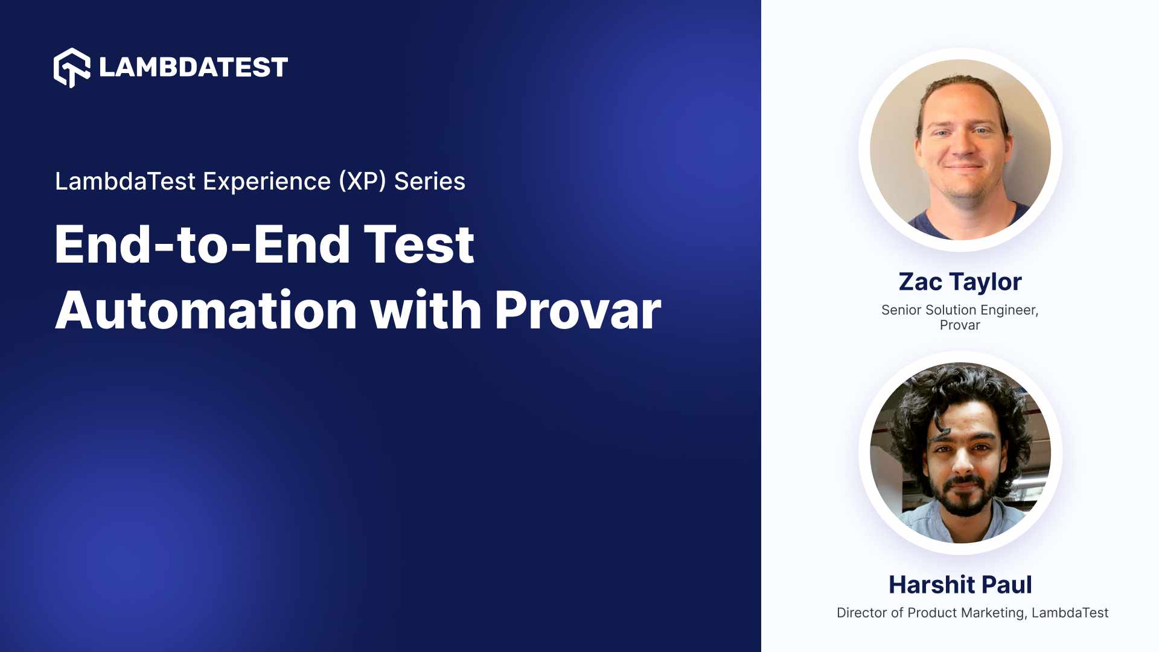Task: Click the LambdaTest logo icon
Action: (x=72, y=68)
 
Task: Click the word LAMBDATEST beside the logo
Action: (x=193, y=67)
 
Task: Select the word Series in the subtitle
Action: (x=430, y=181)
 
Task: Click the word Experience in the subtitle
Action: (x=267, y=181)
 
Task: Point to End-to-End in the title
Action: (x=202, y=245)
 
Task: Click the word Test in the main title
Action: (x=419, y=245)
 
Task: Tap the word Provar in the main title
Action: (x=578, y=311)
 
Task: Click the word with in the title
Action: (x=426, y=311)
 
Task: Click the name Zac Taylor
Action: (x=960, y=282)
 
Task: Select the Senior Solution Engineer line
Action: (x=960, y=310)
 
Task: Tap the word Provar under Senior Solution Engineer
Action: (x=960, y=325)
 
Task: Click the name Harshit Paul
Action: (x=960, y=584)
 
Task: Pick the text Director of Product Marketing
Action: (x=930, y=613)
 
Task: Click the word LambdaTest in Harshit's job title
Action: (x=1070, y=613)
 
